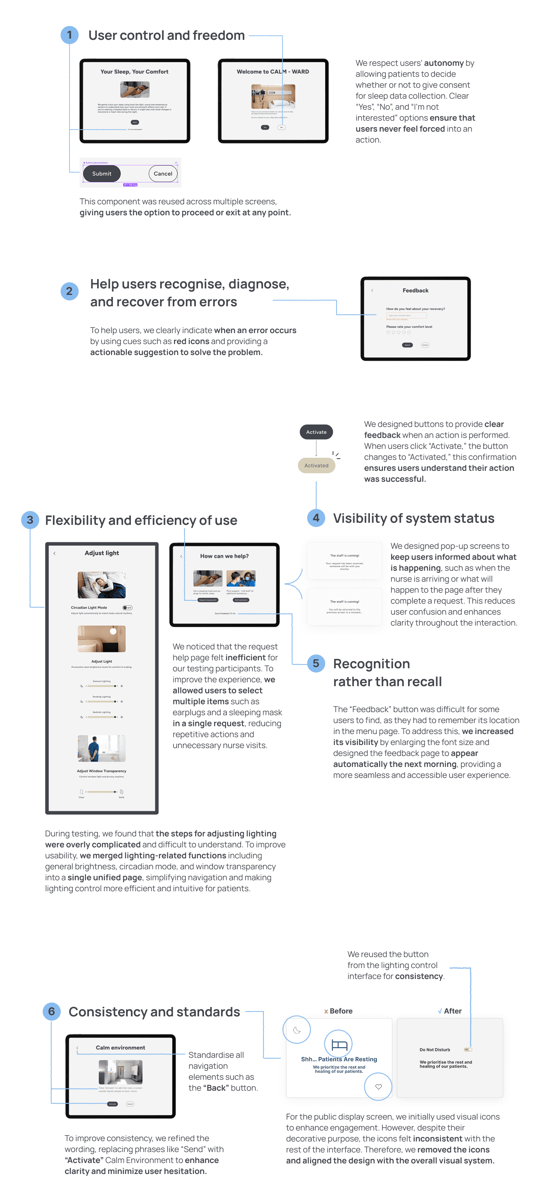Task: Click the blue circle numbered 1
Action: point(70,35)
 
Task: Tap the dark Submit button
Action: point(102,173)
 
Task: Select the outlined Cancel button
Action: point(163,173)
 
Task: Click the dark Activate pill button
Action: point(316,432)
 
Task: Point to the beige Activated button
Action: point(316,466)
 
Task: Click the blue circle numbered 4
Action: point(316,518)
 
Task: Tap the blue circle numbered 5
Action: point(316,663)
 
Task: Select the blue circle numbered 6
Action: point(51,1011)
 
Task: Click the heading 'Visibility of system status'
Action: point(413,518)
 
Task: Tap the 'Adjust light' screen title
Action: point(102,553)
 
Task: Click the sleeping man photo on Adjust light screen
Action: point(102,585)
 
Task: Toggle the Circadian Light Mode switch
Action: point(127,608)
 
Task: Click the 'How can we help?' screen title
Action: point(224,556)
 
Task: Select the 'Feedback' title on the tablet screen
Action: point(415,290)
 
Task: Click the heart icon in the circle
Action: point(378,1087)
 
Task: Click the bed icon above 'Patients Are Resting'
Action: point(339,1044)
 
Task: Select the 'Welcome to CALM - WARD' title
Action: point(273,72)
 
